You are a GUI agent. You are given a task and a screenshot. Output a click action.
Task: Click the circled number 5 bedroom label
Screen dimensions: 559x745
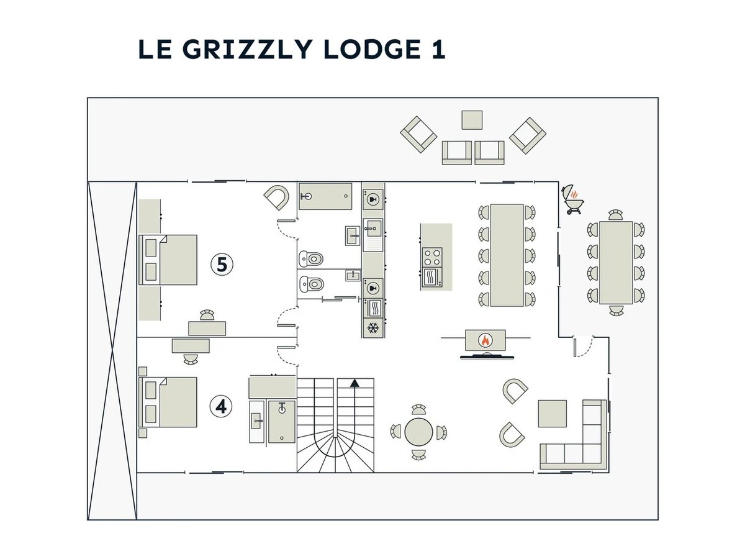click(222, 265)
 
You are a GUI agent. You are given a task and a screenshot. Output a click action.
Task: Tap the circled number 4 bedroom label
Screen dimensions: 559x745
click(221, 406)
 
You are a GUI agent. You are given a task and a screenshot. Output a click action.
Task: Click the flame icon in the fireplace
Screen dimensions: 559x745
click(485, 340)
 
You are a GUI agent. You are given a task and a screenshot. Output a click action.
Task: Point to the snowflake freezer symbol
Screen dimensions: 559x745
click(373, 328)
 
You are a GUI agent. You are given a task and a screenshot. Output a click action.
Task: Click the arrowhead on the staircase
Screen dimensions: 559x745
click(354, 383)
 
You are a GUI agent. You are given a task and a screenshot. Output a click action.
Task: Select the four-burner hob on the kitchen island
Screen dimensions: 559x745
click(432, 256)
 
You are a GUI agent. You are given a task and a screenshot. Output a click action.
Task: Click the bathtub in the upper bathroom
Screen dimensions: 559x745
click(325, 196)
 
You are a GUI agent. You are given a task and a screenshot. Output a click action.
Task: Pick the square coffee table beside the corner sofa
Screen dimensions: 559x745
click(553, 413)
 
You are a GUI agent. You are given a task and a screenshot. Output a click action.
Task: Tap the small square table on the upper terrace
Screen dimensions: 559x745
click(472, 120)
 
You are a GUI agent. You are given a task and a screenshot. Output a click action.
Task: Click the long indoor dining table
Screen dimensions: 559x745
click(507, 255)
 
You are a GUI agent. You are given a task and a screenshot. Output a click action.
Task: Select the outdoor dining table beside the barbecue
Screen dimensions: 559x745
click(615, 262)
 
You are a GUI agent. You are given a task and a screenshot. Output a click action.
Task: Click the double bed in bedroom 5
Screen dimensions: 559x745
click(169, 260)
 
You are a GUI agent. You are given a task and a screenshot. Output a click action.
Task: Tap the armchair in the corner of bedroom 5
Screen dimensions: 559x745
click(276, 198)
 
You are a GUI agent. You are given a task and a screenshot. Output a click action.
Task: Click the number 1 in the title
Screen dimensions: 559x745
click(436, 50)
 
